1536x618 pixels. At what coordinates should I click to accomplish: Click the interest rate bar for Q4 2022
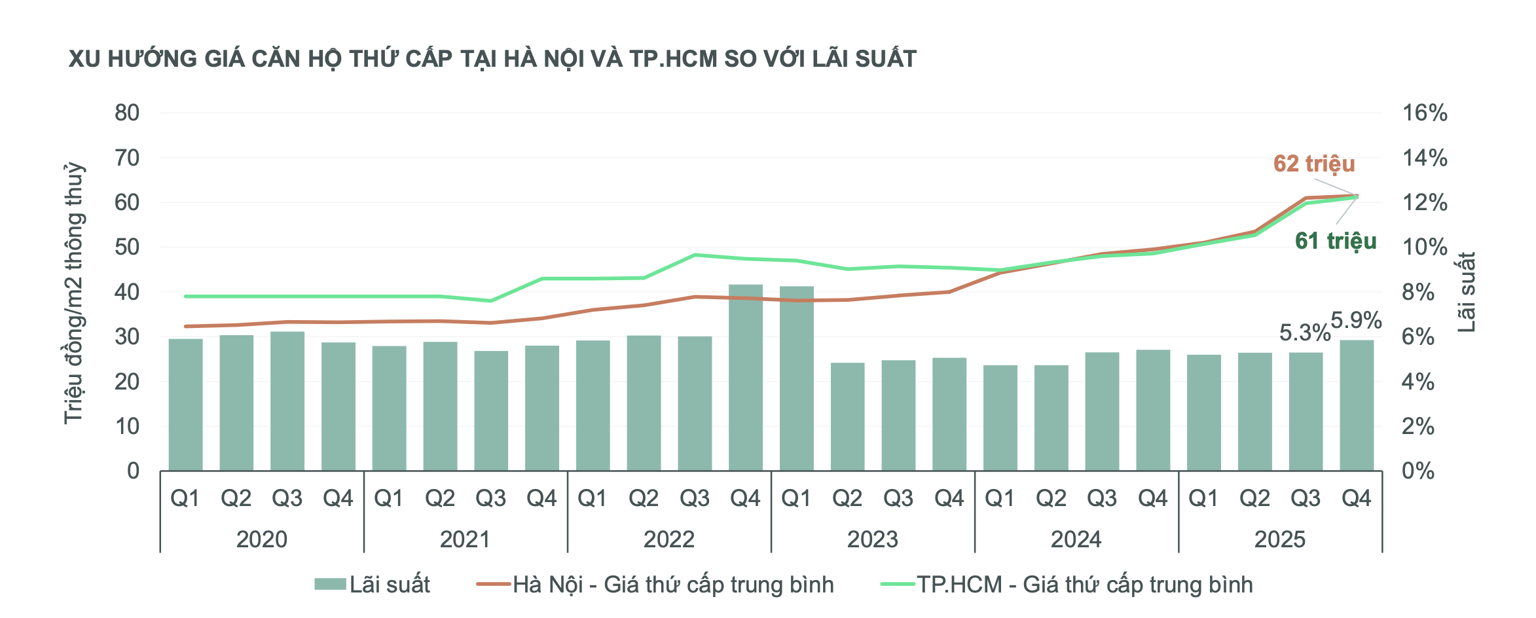pos(746,378)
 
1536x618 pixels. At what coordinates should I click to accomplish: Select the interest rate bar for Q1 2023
pos(796,378)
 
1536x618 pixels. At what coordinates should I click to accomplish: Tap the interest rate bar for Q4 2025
pos(1357,405)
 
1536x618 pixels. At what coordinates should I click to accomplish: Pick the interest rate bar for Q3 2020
pos(287,401)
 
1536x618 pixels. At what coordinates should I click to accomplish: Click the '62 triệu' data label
pos(1313,164)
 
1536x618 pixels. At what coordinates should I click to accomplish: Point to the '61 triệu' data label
pos(1335,241)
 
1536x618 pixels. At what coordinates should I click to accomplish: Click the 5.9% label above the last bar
pos(1356,321)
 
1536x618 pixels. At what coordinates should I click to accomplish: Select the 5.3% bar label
pos(1304,333)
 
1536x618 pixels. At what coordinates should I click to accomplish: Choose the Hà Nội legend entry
pos(655,585)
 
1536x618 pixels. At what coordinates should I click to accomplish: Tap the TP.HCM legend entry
pos(1067,585)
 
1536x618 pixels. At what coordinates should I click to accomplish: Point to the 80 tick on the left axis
pos(127,113)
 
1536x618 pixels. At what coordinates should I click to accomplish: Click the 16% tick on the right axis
pos(1424,113)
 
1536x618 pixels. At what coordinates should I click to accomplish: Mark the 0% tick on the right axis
pos(1417,471)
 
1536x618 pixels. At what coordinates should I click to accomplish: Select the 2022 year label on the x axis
pos(668,539)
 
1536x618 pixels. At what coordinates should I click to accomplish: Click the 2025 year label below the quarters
pos(1279,539)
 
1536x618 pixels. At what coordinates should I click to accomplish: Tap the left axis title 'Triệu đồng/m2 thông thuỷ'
pos(74,293)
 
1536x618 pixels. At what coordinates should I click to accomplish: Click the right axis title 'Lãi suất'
pos(1466,292)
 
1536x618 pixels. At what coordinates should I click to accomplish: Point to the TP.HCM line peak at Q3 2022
pos(695,255)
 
